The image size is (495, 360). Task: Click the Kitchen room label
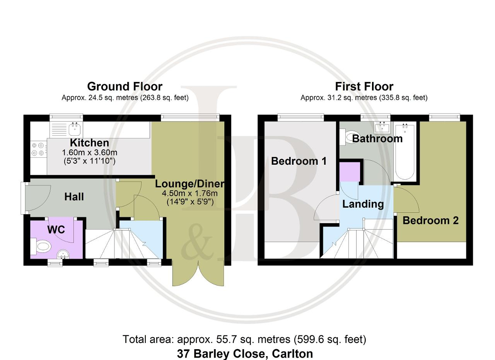(89, 143)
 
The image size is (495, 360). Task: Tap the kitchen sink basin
(75, 129)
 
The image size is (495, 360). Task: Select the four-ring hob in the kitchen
(38, 149)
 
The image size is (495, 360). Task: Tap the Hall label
(74, 197)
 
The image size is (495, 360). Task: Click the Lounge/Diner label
(190, 184)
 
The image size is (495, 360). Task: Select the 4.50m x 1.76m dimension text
(190, 193)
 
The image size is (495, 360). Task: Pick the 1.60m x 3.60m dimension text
(89, 152)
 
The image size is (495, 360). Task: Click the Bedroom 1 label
(299, 161)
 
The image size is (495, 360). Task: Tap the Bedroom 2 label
(430, 220)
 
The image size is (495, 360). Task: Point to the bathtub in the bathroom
(405, 152)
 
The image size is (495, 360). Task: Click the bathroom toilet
(349, 137)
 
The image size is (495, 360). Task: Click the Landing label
(363, 204)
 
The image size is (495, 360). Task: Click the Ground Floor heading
(125, 86)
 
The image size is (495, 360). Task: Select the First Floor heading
(364, 86)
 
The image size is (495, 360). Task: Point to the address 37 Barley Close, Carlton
(245, 353)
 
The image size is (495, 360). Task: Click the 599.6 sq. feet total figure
(330, 340)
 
